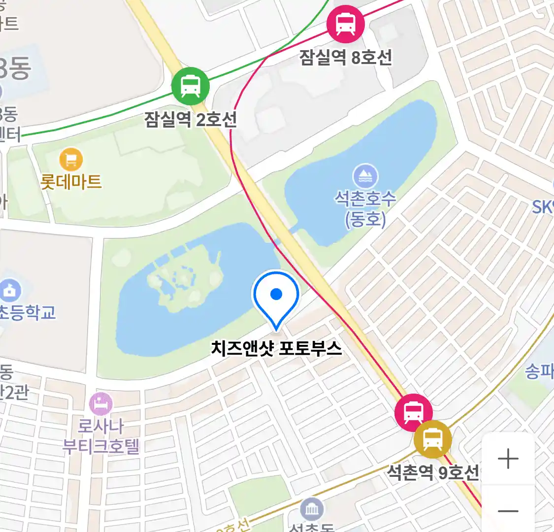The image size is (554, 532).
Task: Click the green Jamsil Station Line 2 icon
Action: click(190, 86)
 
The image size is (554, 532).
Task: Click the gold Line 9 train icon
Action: click(432, 438)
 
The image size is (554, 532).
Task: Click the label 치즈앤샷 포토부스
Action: click(276, 348)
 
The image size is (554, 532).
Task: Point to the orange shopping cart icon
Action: click(71, 159)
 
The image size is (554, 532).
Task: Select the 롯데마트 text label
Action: click(71, 181)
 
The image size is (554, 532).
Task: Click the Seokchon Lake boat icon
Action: click(365, 176)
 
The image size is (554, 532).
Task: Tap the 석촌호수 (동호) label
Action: click(365, 208)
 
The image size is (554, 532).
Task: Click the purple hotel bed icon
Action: click(101, 404)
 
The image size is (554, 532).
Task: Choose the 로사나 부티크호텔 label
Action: click(101, 436)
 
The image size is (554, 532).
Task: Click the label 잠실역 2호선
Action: click(190, 119)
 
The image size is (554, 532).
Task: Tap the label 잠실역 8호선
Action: click(346, 57)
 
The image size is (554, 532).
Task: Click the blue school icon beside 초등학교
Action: click(10, 291)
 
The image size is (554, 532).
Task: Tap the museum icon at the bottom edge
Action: click(312, 509)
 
